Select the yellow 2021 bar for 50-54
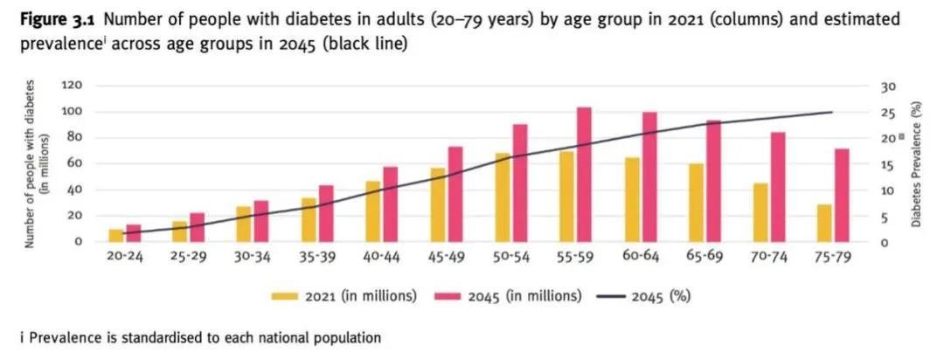point(502,197)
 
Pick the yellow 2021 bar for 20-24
point(115,235)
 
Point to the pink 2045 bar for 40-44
point(390,204)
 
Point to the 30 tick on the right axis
point(887,86)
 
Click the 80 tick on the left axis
point(75,137)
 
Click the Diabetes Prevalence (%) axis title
point(917,163)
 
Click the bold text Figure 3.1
point(54,18)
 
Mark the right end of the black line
point(832,112)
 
